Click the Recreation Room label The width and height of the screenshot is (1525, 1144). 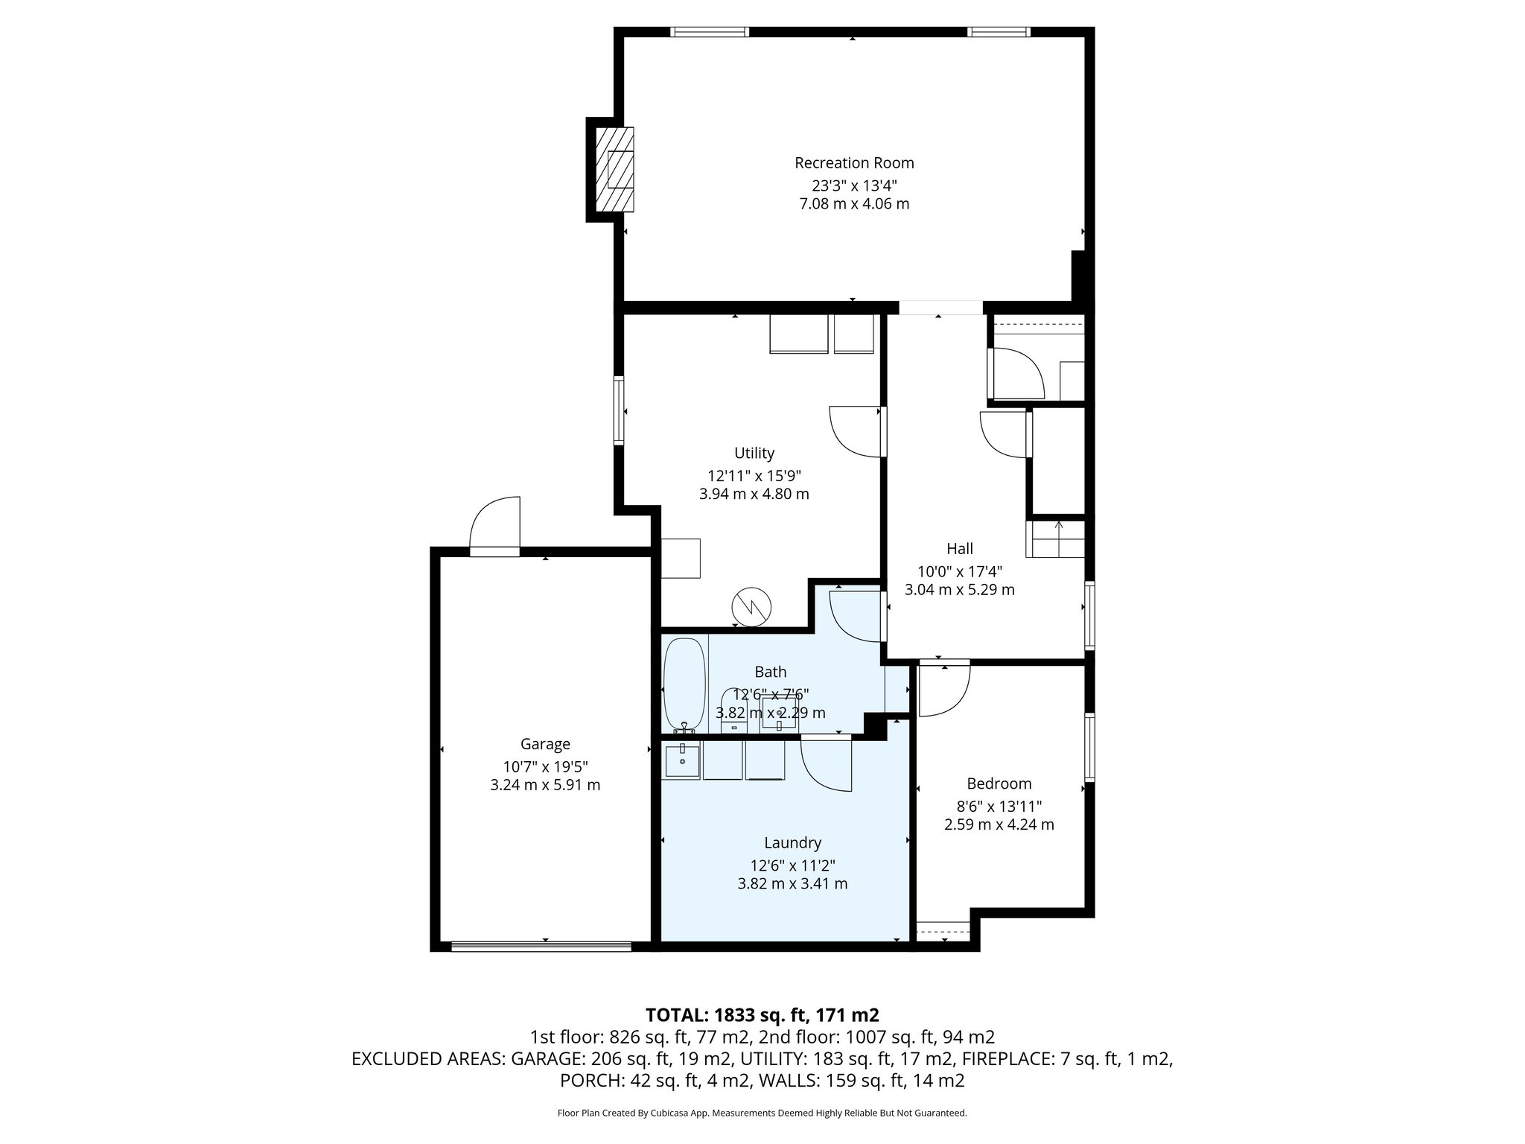coord(854,162)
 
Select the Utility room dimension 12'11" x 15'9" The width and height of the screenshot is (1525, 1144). coord(754,475)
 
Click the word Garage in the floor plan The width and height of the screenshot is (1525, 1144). coord(545,743)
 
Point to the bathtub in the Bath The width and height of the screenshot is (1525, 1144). coord(684,684)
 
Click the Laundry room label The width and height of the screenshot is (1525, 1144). coord(792,842)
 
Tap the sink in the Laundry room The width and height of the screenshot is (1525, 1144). coord(682,761)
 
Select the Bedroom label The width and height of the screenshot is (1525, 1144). coord(999,784)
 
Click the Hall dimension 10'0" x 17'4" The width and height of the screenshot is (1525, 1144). coord(959,572)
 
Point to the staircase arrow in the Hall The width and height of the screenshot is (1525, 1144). coord(1059,530)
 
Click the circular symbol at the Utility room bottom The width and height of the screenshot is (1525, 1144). coord(751,607)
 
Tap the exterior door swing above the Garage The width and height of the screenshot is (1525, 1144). coord(495,526)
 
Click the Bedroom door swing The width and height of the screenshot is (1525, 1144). coord(944,689)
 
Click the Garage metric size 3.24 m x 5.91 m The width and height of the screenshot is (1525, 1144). coord(545,785)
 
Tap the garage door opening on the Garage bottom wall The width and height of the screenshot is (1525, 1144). coord(541,947)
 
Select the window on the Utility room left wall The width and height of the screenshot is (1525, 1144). coord(619,411)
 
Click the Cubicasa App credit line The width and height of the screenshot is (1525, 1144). coord(762,1113)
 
